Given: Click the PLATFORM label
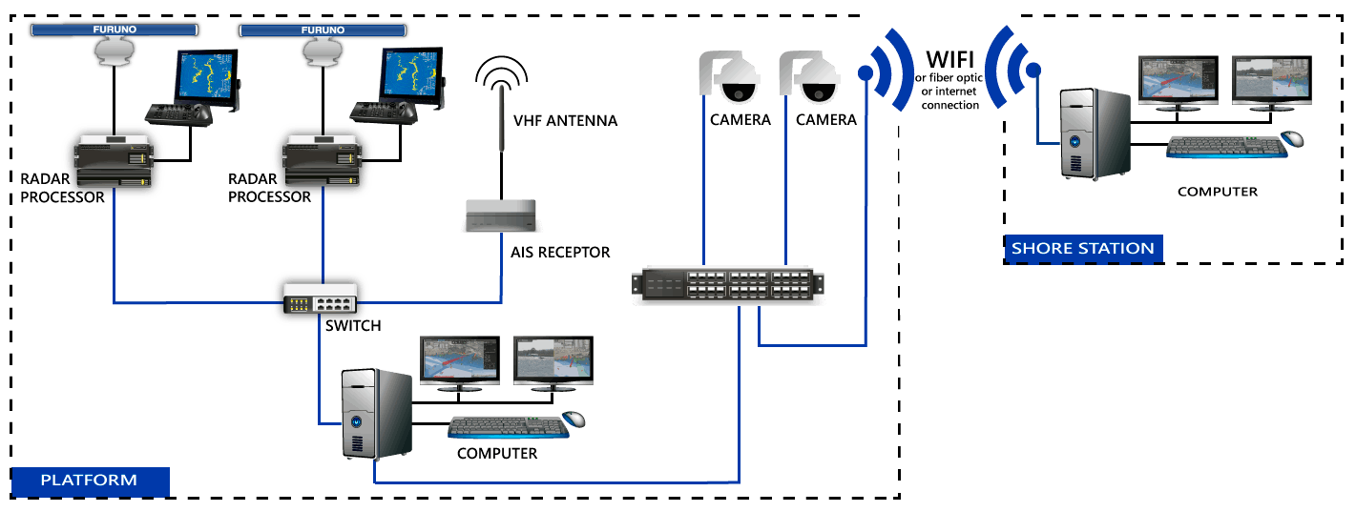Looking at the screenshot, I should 89,481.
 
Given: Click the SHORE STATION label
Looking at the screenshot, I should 1083,249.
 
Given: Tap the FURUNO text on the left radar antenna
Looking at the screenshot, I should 115,31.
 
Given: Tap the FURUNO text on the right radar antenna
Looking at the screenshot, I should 322,31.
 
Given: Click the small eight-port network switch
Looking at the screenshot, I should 321,298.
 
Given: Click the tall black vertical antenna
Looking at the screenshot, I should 501,118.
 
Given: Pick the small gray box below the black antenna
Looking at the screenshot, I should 503,215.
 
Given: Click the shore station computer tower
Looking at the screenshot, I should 1094,133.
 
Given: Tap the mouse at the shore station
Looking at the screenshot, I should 1291,140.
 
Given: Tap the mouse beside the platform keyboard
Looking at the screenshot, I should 573,420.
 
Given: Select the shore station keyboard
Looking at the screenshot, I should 1225,147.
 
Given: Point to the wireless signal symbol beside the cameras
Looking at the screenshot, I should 887,71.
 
